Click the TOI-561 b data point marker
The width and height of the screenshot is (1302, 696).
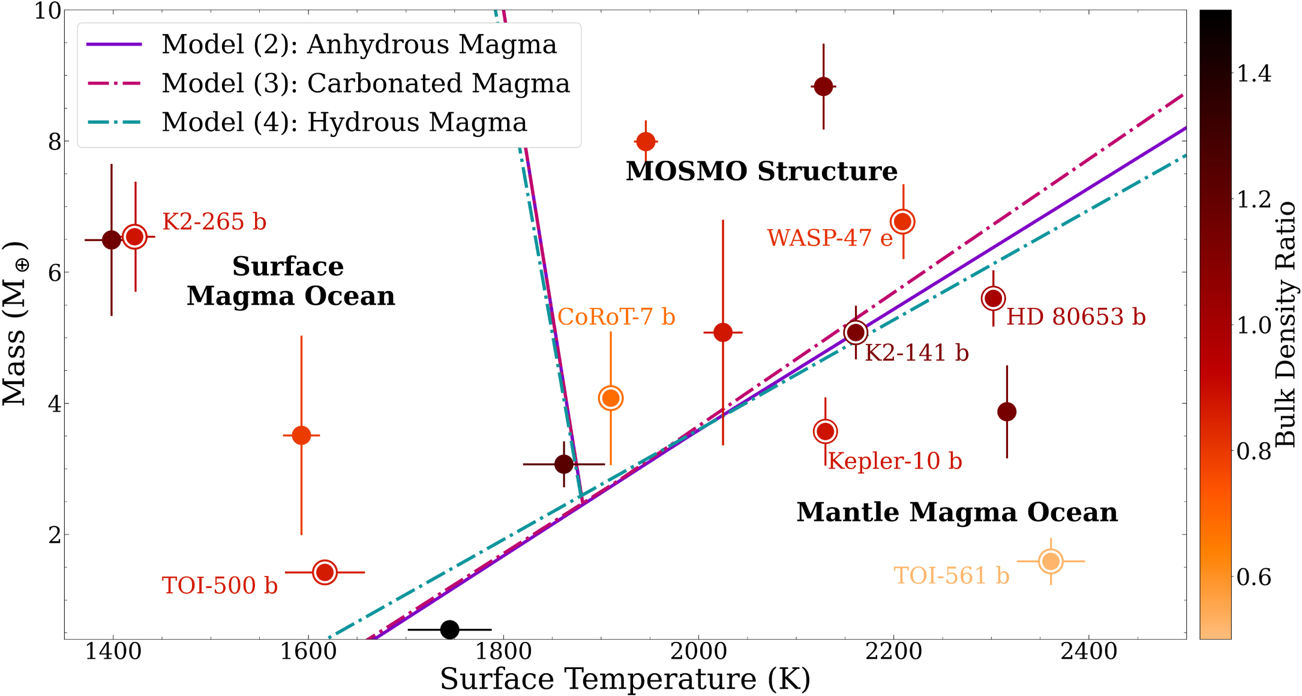[1051, 562]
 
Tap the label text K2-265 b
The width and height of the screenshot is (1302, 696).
[214, 222]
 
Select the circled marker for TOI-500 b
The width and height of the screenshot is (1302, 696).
[325, 572]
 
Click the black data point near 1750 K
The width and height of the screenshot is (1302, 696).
[449, 630]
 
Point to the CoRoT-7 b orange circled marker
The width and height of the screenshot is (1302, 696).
[611, 398]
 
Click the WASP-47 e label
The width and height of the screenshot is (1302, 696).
[830, 238]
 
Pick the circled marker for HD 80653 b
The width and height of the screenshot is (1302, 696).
[994, 298]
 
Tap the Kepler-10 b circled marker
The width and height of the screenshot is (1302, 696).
[826, 431]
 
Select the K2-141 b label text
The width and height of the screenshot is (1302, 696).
[916, 353]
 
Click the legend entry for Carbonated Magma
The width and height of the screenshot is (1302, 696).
[365, 83]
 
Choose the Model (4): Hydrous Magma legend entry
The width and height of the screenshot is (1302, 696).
[344, 122]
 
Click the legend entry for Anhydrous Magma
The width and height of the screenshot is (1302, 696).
[359, 44]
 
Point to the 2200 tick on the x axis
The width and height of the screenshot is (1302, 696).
[893, 652]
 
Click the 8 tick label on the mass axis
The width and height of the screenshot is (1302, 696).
[55, 142]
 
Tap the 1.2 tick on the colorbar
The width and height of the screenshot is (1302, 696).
[1253, 199]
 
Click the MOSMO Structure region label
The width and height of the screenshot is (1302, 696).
[761, 171]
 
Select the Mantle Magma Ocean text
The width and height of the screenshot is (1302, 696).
[957, 512]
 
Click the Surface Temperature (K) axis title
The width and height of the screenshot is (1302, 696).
[625, 680]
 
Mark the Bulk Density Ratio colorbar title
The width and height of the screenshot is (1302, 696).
[1285, 325]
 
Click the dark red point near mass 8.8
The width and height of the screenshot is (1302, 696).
[823, 86]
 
